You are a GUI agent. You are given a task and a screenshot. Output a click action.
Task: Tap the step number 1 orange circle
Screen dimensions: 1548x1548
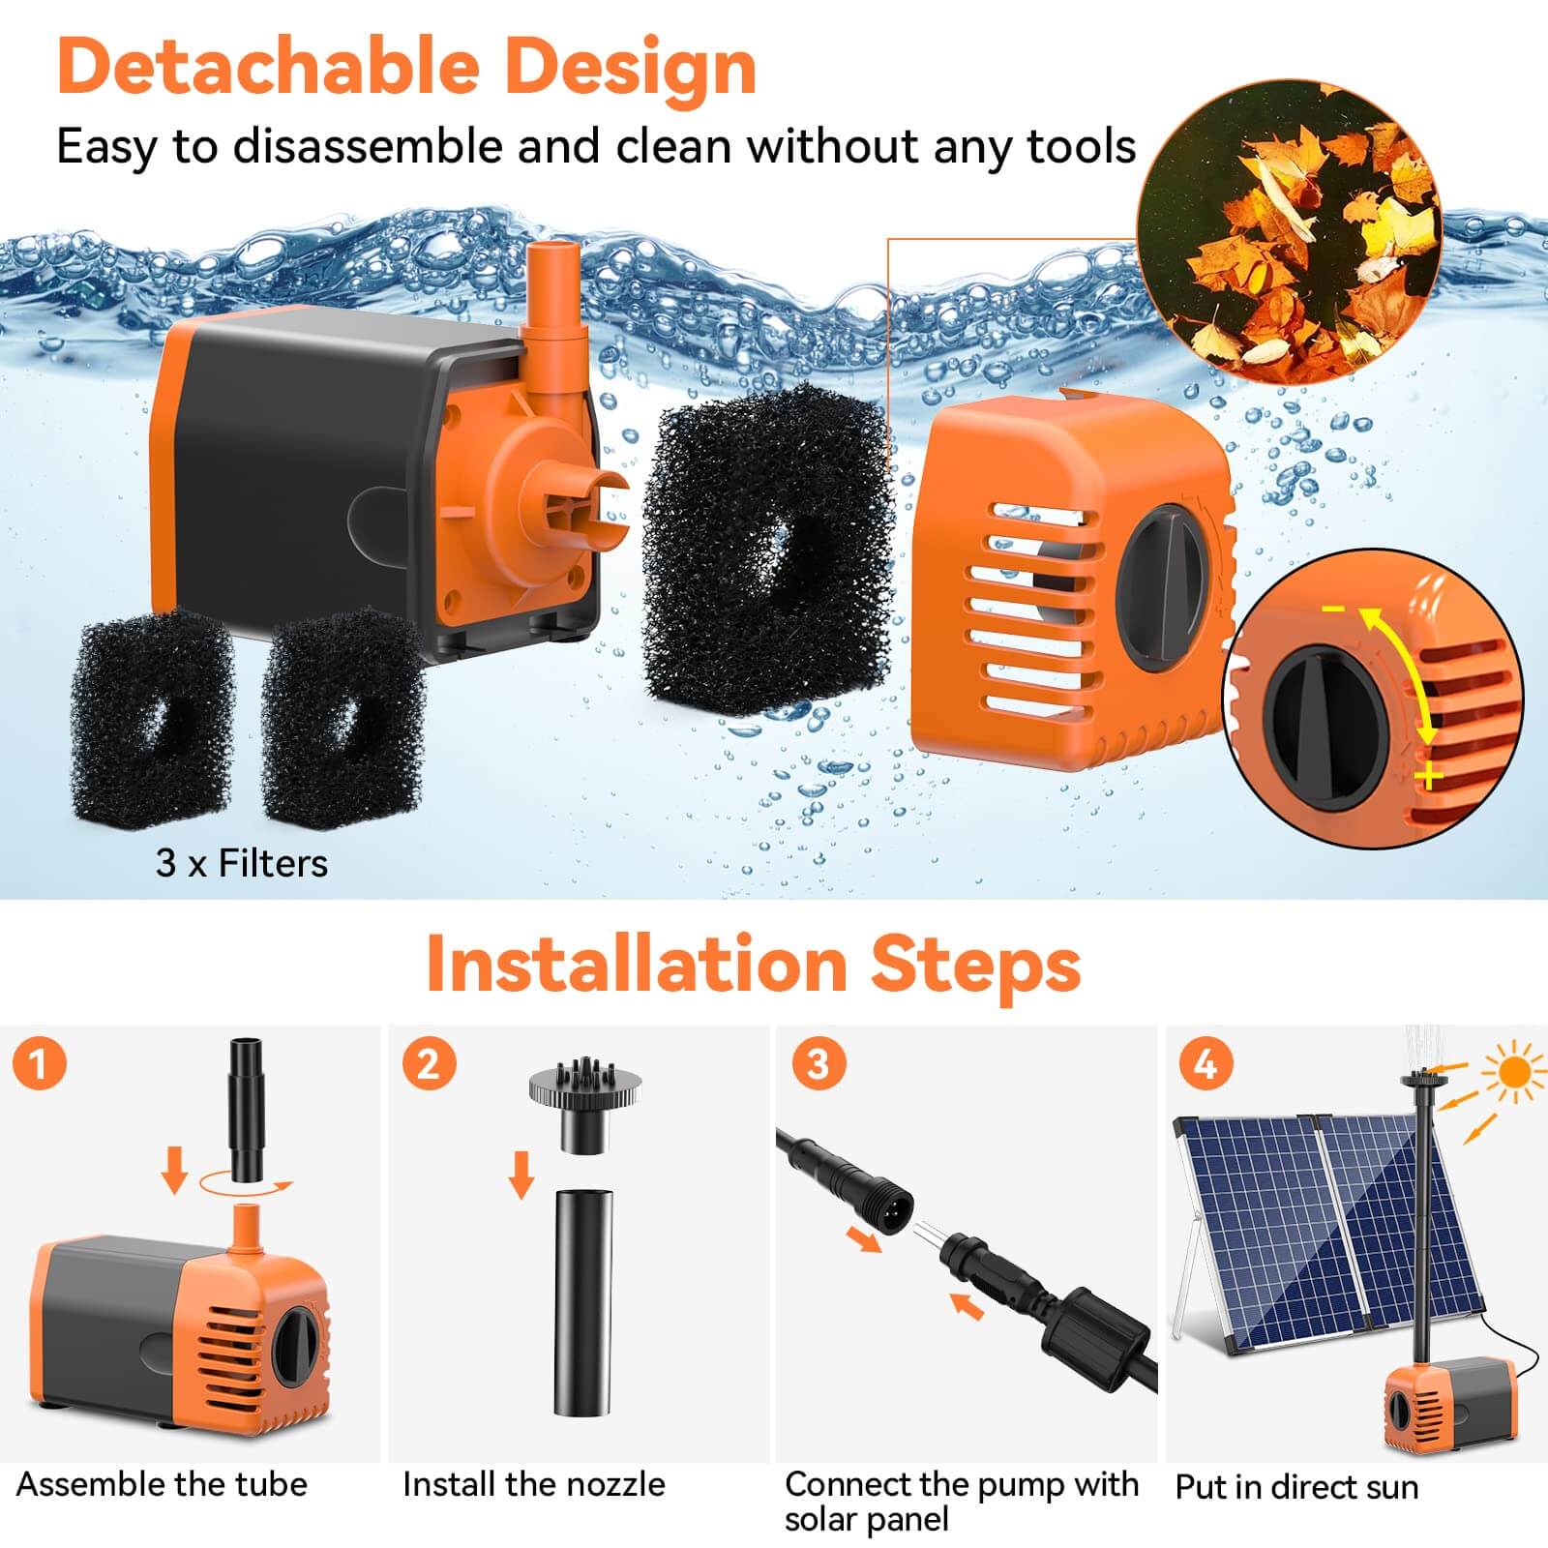[x=40, y=1063]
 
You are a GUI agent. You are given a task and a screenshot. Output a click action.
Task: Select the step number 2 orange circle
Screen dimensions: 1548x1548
[x=429, y=1063]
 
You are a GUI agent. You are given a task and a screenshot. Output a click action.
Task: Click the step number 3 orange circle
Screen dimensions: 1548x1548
[x=818, y=1063]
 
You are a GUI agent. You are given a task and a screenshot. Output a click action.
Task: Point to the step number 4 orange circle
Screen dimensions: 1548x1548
[x=1206, y=1063]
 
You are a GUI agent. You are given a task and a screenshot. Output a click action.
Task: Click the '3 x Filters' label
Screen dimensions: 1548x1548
[x=242, y=863]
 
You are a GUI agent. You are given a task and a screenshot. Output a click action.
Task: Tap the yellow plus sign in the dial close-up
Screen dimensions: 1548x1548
[x=1428, y=775]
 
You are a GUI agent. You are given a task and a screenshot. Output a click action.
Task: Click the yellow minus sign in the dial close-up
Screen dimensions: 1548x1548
[x=1334, y=609]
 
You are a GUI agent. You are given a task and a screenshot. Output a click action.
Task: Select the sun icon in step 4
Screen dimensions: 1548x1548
[x=1514, y=1072]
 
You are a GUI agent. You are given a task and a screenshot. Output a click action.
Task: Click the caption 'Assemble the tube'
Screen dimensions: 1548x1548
[x=162, y=1484]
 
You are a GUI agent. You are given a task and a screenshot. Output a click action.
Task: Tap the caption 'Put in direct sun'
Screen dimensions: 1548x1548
[x=1296, y=1487]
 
